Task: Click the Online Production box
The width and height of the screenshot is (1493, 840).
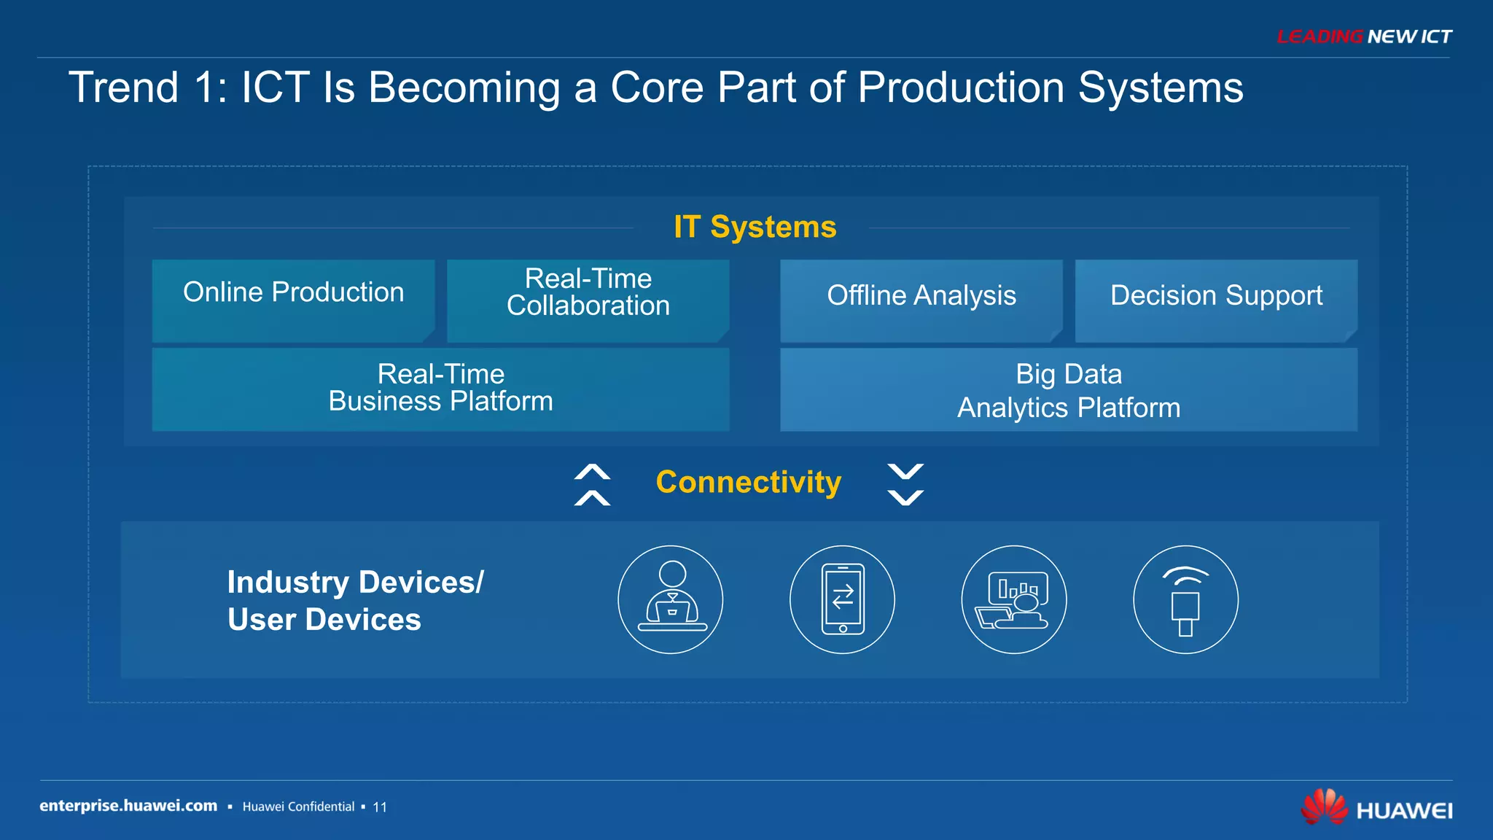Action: coord(293,300)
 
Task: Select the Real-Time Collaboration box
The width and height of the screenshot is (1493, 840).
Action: coord(588,300)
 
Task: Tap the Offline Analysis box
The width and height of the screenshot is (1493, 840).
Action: coord(921,300)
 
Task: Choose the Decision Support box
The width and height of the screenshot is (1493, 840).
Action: coord(1215,300)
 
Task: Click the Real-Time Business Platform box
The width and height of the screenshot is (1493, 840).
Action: coord(440,389)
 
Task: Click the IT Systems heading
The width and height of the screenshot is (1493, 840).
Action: coord(755,227)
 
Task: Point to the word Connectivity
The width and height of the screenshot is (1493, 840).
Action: coord(748,482)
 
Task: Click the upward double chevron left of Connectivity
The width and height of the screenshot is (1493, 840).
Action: coord(592,484)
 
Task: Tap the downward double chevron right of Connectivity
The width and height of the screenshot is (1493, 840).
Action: coord(905,484)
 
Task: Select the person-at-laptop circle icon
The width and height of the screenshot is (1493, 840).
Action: coord(671,599)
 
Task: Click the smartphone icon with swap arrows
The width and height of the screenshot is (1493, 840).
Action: coord(842,599)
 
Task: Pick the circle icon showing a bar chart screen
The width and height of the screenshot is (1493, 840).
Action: coord(1014,599)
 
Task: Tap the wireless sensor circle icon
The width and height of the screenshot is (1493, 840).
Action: coord(1185,599)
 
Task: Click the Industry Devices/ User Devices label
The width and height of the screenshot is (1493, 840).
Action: coord(354,601)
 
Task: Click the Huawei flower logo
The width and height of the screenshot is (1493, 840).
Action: coord(1325,806)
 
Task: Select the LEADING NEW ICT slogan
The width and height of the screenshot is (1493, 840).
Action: coord(1364,36)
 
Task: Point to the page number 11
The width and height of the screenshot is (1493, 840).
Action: coord(380,807)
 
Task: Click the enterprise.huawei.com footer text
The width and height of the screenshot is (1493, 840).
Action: coord(128,806)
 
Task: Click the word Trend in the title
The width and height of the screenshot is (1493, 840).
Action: coord(123,87)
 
